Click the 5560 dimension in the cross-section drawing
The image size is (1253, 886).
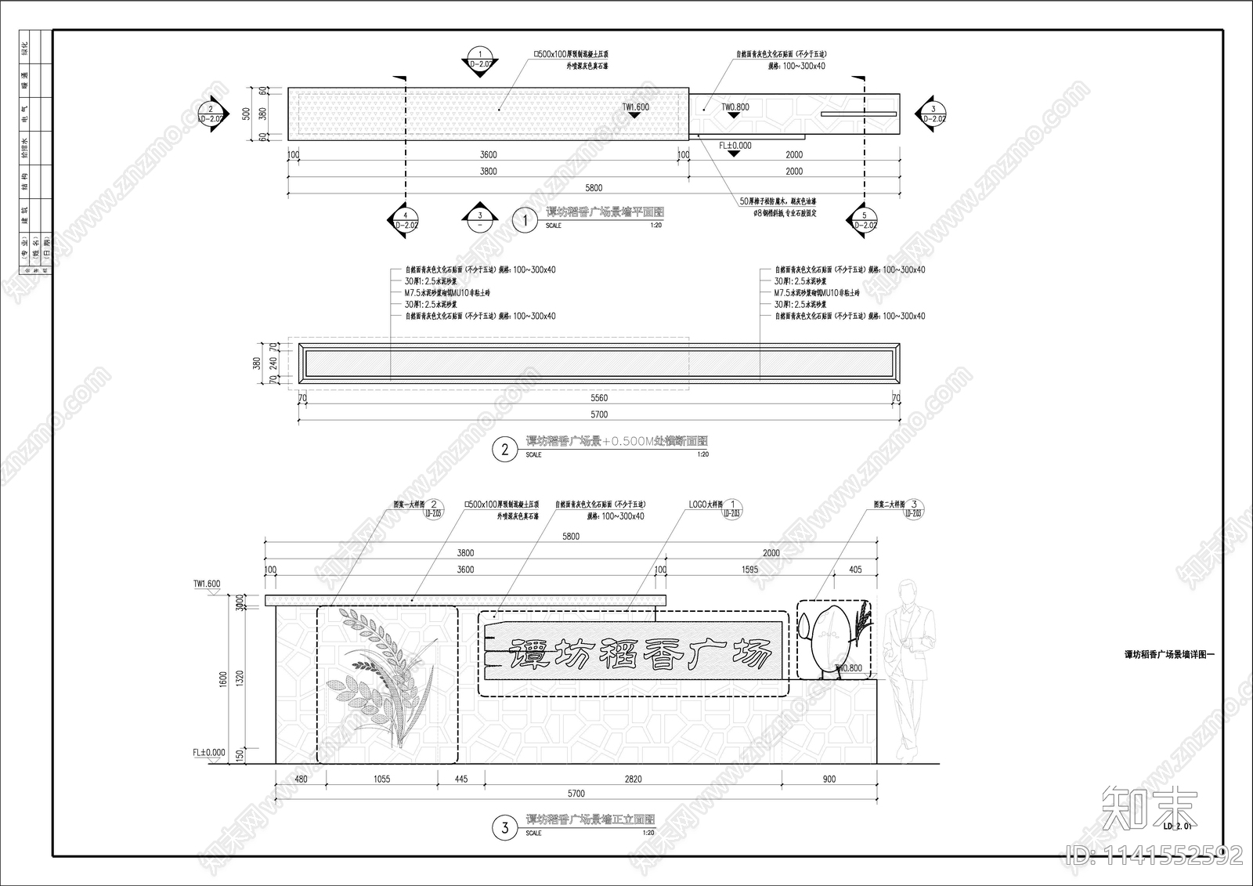(599, 398)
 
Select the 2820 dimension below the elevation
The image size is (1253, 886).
(633, 779)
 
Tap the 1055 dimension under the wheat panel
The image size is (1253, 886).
(381, 779)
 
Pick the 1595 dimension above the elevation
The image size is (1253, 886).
(749, 570)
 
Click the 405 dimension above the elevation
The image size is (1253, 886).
(855, 570)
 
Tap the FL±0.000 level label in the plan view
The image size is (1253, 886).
(735, 146)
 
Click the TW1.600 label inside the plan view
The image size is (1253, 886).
(635, 107)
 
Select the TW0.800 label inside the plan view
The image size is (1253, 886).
(735, 107)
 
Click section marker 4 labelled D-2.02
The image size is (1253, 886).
(406, 220)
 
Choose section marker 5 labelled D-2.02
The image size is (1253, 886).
(864, 220)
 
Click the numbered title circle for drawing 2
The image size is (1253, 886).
(504, 449)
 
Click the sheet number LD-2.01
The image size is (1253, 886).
(1177, 826)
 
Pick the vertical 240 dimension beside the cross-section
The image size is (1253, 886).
(273, 363)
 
